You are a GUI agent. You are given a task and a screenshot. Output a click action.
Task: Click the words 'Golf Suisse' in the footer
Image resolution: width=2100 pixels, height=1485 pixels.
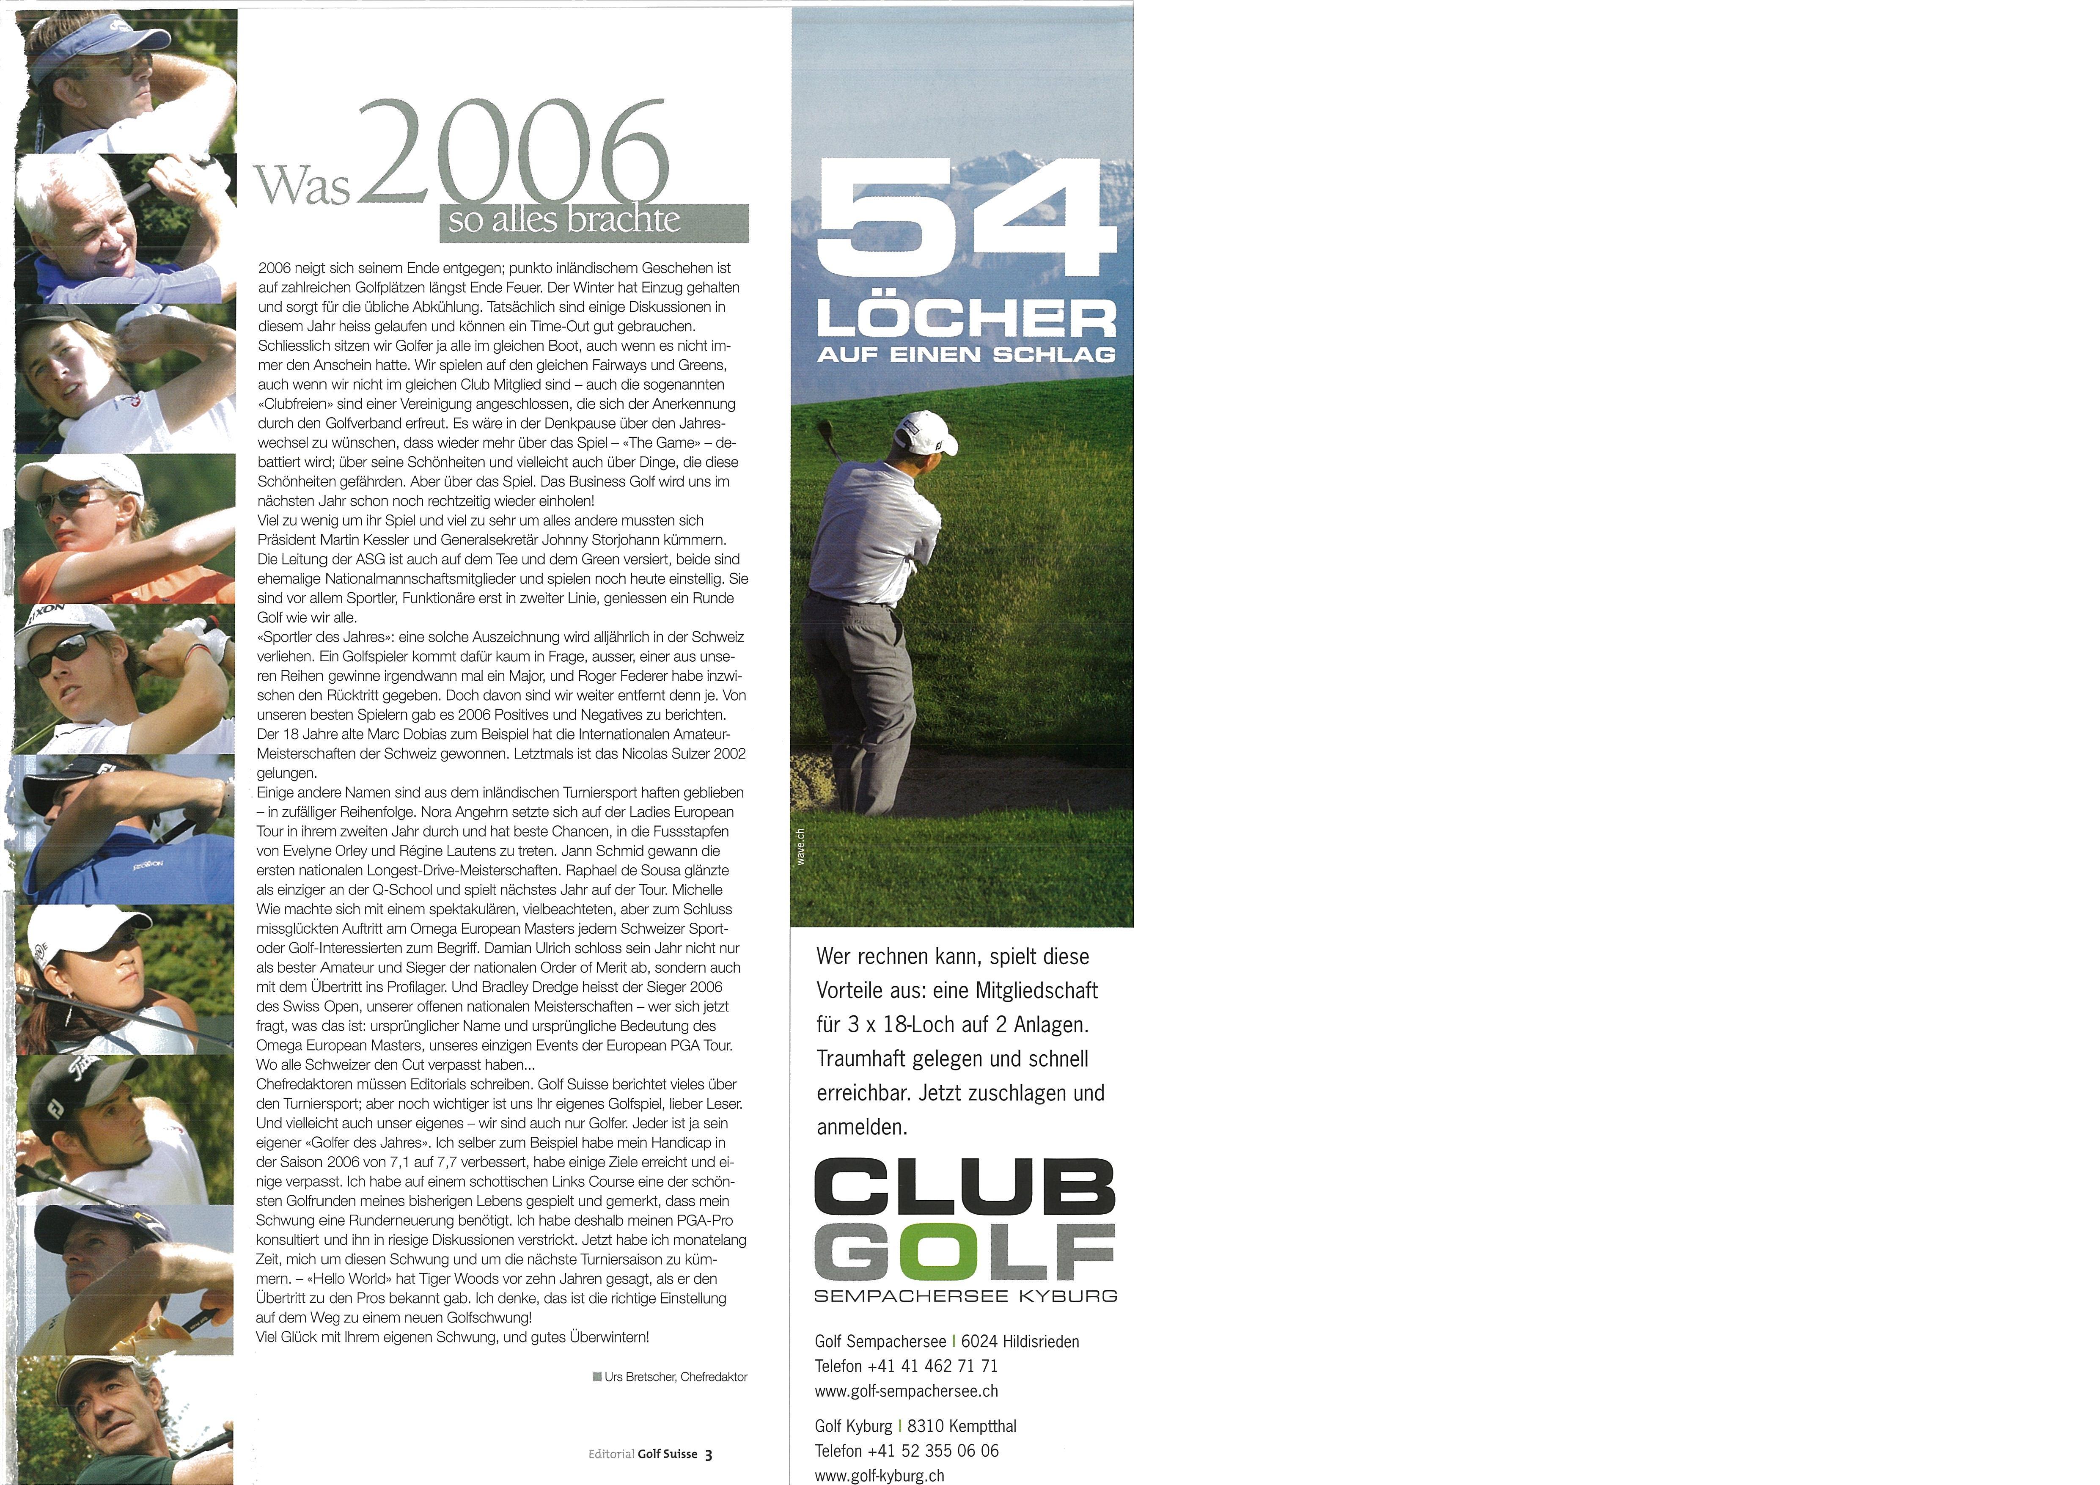point(668,1454)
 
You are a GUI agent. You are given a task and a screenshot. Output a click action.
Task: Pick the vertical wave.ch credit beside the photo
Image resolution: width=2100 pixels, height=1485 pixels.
point(800,846)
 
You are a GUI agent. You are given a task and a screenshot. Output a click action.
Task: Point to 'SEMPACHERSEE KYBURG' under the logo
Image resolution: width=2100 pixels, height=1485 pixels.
point(965,1295)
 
